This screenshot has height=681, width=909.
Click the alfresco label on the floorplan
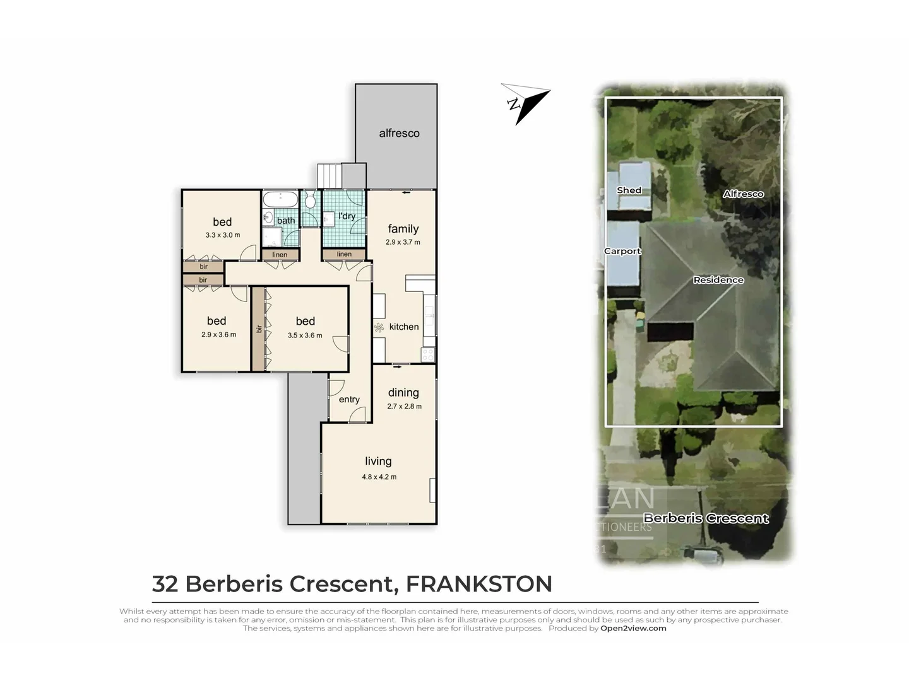[399, 133]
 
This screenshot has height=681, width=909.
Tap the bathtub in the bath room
[280, 200]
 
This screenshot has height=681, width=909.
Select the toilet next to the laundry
[309, 201]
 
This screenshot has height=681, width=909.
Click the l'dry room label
[347, 216]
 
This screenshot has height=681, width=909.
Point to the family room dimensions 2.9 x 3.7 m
[403, 242]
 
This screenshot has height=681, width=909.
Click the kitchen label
[404, 327]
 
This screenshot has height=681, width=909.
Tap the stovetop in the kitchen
[428, 354]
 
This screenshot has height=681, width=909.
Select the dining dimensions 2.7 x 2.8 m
[404, 407]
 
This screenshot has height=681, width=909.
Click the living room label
[378, 462]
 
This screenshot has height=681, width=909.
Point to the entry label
[349, 400]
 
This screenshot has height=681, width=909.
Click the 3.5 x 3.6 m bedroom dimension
[305, 335]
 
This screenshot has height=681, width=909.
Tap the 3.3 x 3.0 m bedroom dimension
[222, 235]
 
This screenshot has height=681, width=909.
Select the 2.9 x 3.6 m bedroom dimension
[218, 335]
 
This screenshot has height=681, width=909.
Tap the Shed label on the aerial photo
[629, 190]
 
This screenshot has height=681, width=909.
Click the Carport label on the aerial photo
[622, 251]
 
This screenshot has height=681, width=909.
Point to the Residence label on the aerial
[718, 280]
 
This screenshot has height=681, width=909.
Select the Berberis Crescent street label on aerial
[706, 518]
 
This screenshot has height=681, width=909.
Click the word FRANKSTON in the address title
[478, 584]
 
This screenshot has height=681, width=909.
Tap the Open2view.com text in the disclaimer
[633, 628]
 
